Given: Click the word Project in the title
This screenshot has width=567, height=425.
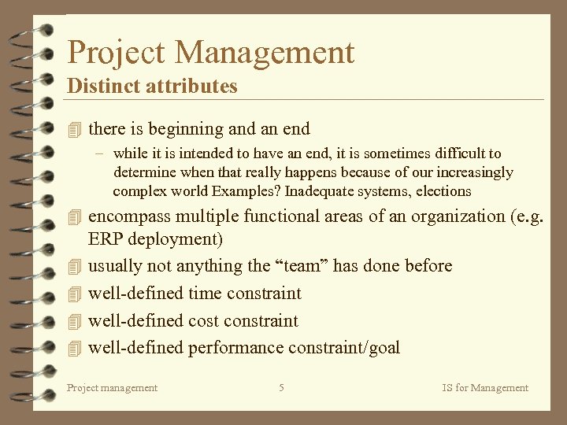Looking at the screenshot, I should [117, 54].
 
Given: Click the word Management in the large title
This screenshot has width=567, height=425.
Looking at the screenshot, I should [265, 54].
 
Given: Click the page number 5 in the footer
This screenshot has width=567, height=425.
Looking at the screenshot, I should [281, 387].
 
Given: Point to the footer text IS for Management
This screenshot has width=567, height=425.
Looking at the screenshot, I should [485, 387].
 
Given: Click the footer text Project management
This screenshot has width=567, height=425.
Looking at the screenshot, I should [112, 387].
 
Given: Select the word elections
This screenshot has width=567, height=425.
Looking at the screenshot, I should [443, 191].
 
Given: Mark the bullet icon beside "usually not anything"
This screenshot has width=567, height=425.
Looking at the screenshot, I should [75, 266].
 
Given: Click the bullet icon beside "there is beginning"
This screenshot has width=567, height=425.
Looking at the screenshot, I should [75, 128].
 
